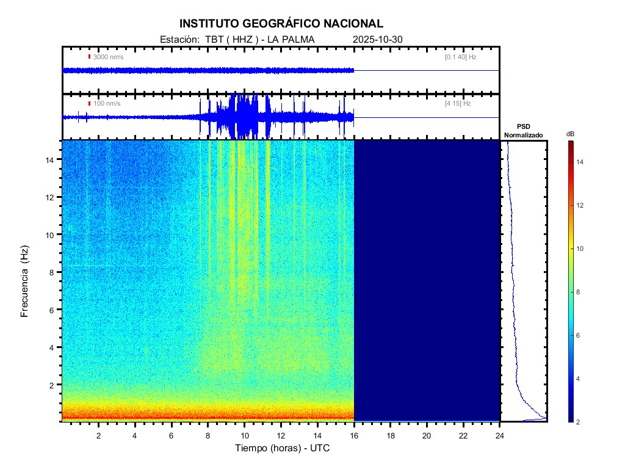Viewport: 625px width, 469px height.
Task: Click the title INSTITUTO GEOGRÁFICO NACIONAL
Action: (281, 24)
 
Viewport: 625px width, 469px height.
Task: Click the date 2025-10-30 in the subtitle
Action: (377, 40)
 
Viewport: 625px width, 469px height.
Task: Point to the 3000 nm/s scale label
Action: (108, 57)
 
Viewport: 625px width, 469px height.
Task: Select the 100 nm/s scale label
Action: (107, 104)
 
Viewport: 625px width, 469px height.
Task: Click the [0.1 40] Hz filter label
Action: (460, 57)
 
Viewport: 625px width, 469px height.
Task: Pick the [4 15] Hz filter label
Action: (458, 104)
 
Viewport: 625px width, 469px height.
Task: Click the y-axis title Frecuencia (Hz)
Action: (25, 281)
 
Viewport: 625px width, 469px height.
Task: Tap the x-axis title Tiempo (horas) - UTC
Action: (283, 448)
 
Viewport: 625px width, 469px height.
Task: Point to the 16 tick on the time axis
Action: (354, 435)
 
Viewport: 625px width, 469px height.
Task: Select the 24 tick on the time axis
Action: (500, 435)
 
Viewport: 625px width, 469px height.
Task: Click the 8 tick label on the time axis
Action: (208, 435)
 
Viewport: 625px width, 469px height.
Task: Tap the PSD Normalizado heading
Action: (523, 131)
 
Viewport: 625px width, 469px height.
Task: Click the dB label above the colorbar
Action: (570, 134)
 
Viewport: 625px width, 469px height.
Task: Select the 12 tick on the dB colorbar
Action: (582, 205)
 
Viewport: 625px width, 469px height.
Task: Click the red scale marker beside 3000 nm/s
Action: (89, 57)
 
